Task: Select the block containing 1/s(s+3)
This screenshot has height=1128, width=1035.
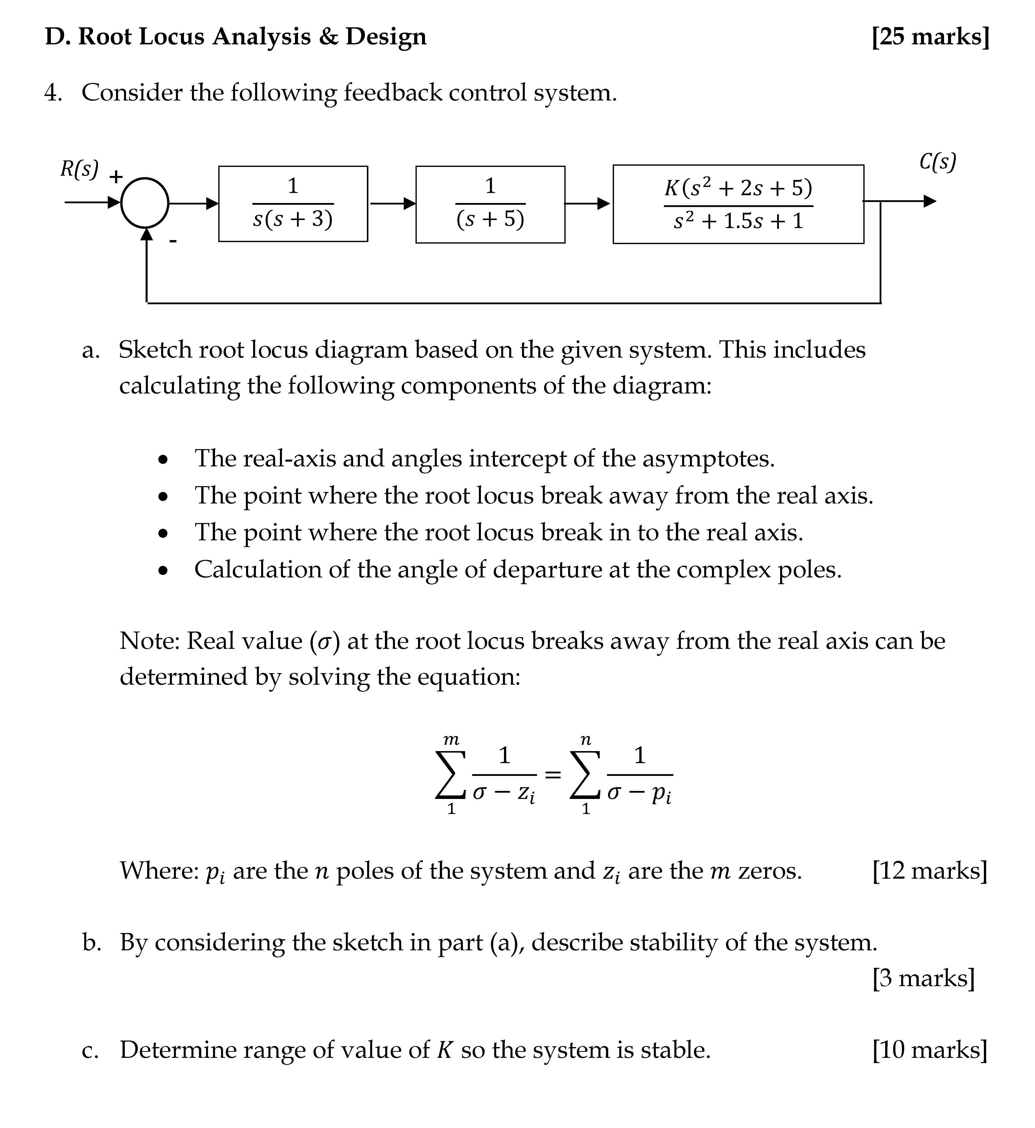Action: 293,204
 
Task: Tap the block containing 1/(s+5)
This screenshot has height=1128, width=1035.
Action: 490,204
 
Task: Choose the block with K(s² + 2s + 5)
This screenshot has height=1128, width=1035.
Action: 738,204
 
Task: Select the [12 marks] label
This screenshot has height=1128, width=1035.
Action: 930,870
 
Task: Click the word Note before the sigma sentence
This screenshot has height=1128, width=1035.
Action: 148,641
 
